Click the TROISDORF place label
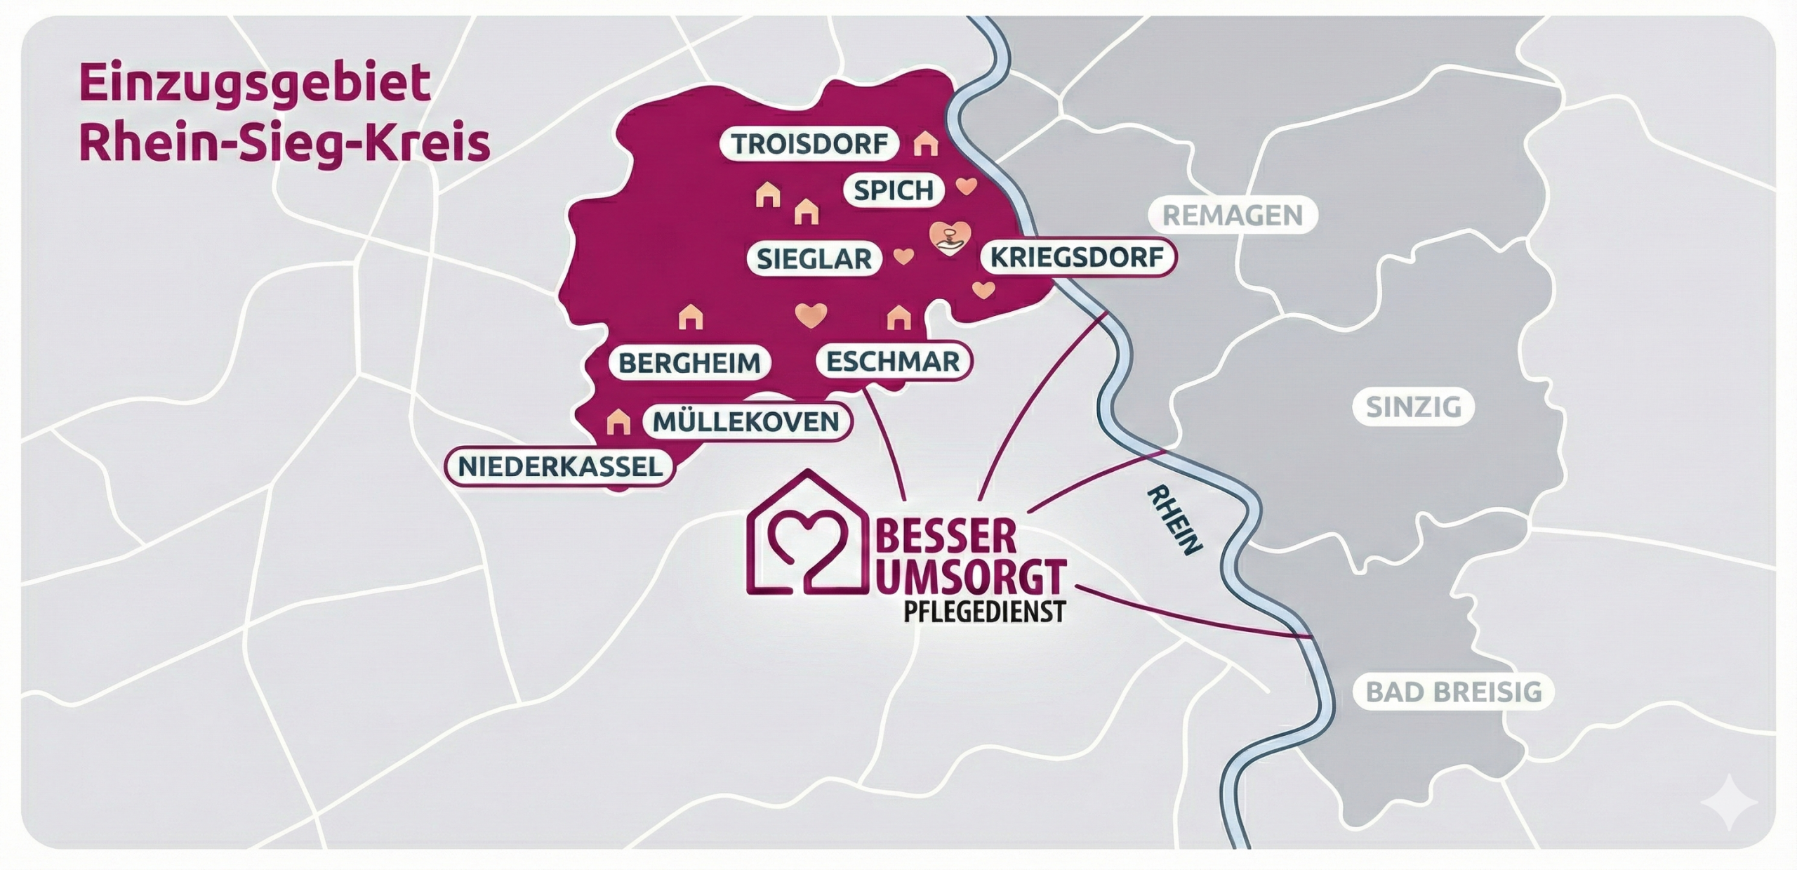click(809, 144)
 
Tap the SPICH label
click(894, 190)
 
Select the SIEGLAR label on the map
click(814, 259)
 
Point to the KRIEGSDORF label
click(1077, 258)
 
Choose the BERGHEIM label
click(689, 363)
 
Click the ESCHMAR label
click(893, 362)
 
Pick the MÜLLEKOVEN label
click(746, 422)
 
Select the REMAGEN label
click(1233, 215)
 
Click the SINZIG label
click(1414, 407)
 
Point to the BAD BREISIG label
click(1454, 692)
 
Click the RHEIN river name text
click(1174, 520)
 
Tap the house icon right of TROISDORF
click(926, 144)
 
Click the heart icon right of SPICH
click(967, 186)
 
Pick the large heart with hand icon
click(949, 238)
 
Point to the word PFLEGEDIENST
click(984, 612)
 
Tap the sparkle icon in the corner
click(1728, 803)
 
